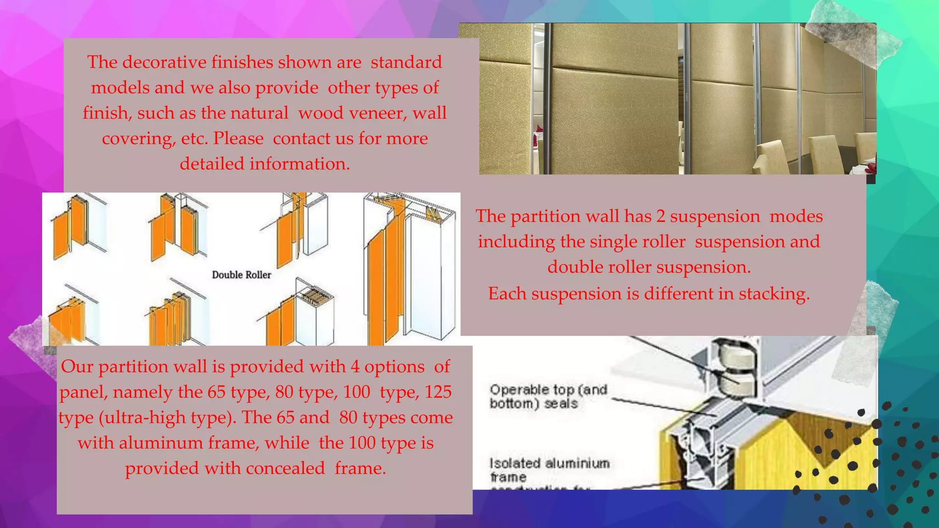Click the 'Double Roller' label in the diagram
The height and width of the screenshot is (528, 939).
pyautogui.click(x=241, y=275)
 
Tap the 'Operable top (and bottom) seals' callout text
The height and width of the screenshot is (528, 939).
pyautogui.click(x=548, y=396)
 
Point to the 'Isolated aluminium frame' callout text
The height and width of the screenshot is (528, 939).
pyautogui.click(x=549, y=469)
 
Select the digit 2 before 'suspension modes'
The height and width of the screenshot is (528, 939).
pyautogui.click(x=661, y=216)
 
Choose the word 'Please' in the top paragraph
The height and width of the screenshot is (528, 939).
pyautogui.click(x=238, y=138)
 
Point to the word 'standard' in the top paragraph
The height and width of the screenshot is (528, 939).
pyautogui.click(x=406, y=62)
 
